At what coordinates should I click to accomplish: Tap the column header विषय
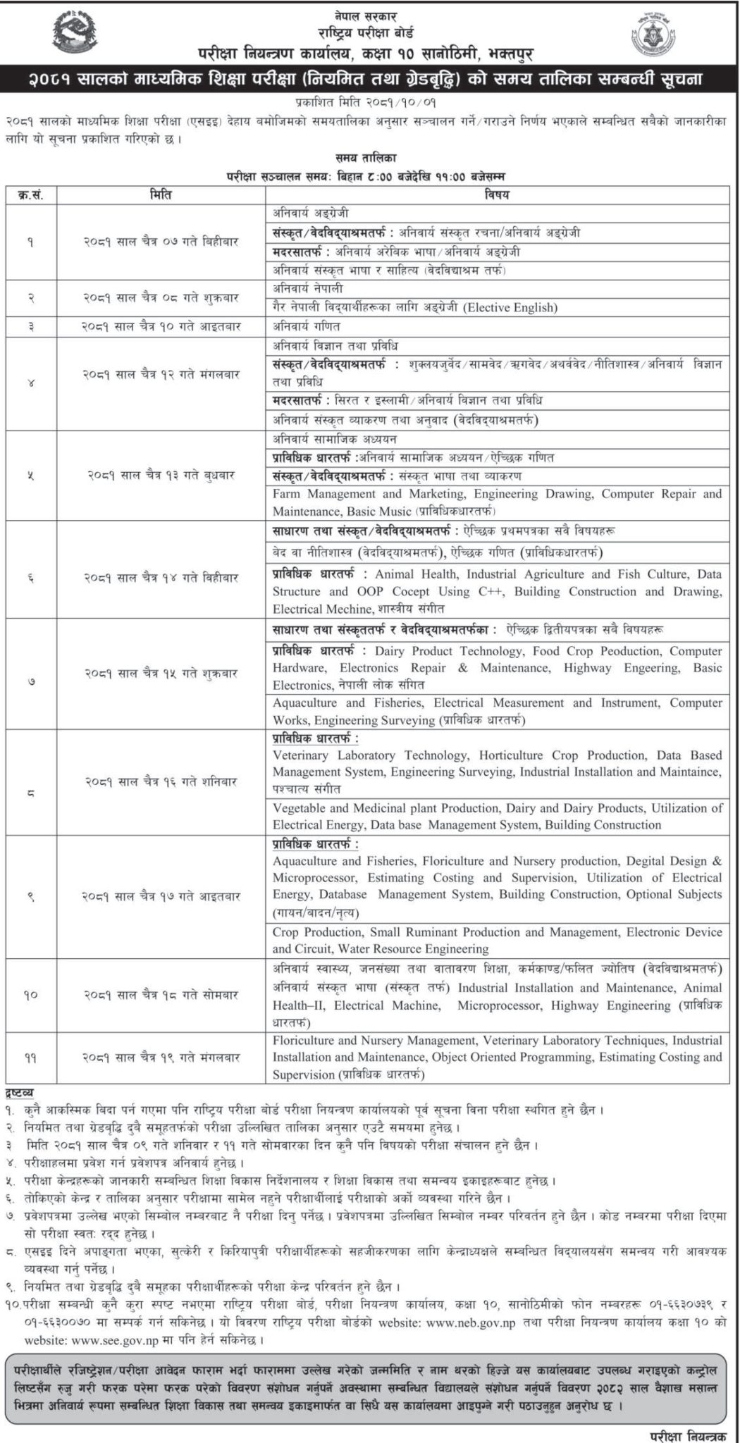coord(496,194)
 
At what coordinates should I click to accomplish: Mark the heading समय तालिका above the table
coord(371,159)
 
